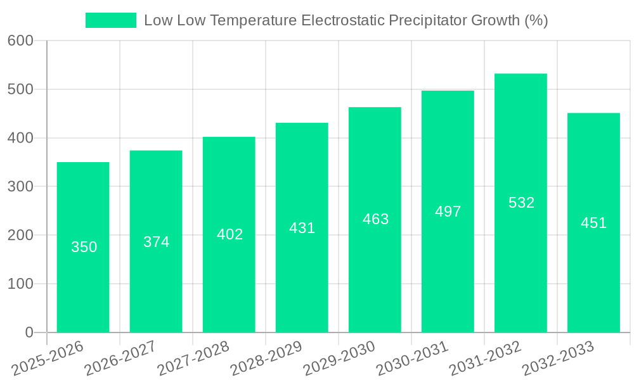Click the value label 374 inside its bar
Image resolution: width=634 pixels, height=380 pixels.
156,242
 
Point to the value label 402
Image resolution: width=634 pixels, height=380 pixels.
230,234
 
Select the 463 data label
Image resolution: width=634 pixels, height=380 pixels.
375,219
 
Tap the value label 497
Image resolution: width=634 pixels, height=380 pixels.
448,212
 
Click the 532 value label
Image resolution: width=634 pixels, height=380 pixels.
521,203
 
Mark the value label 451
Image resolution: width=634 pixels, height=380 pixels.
594,223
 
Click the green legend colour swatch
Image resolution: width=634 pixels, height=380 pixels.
111,20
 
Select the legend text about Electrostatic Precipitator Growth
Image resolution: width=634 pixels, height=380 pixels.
346,20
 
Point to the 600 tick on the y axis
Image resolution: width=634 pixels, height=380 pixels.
20,41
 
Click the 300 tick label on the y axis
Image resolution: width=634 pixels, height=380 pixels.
20,187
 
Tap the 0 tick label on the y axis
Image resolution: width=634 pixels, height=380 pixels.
29,332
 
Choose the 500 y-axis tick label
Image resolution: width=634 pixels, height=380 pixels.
20,89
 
